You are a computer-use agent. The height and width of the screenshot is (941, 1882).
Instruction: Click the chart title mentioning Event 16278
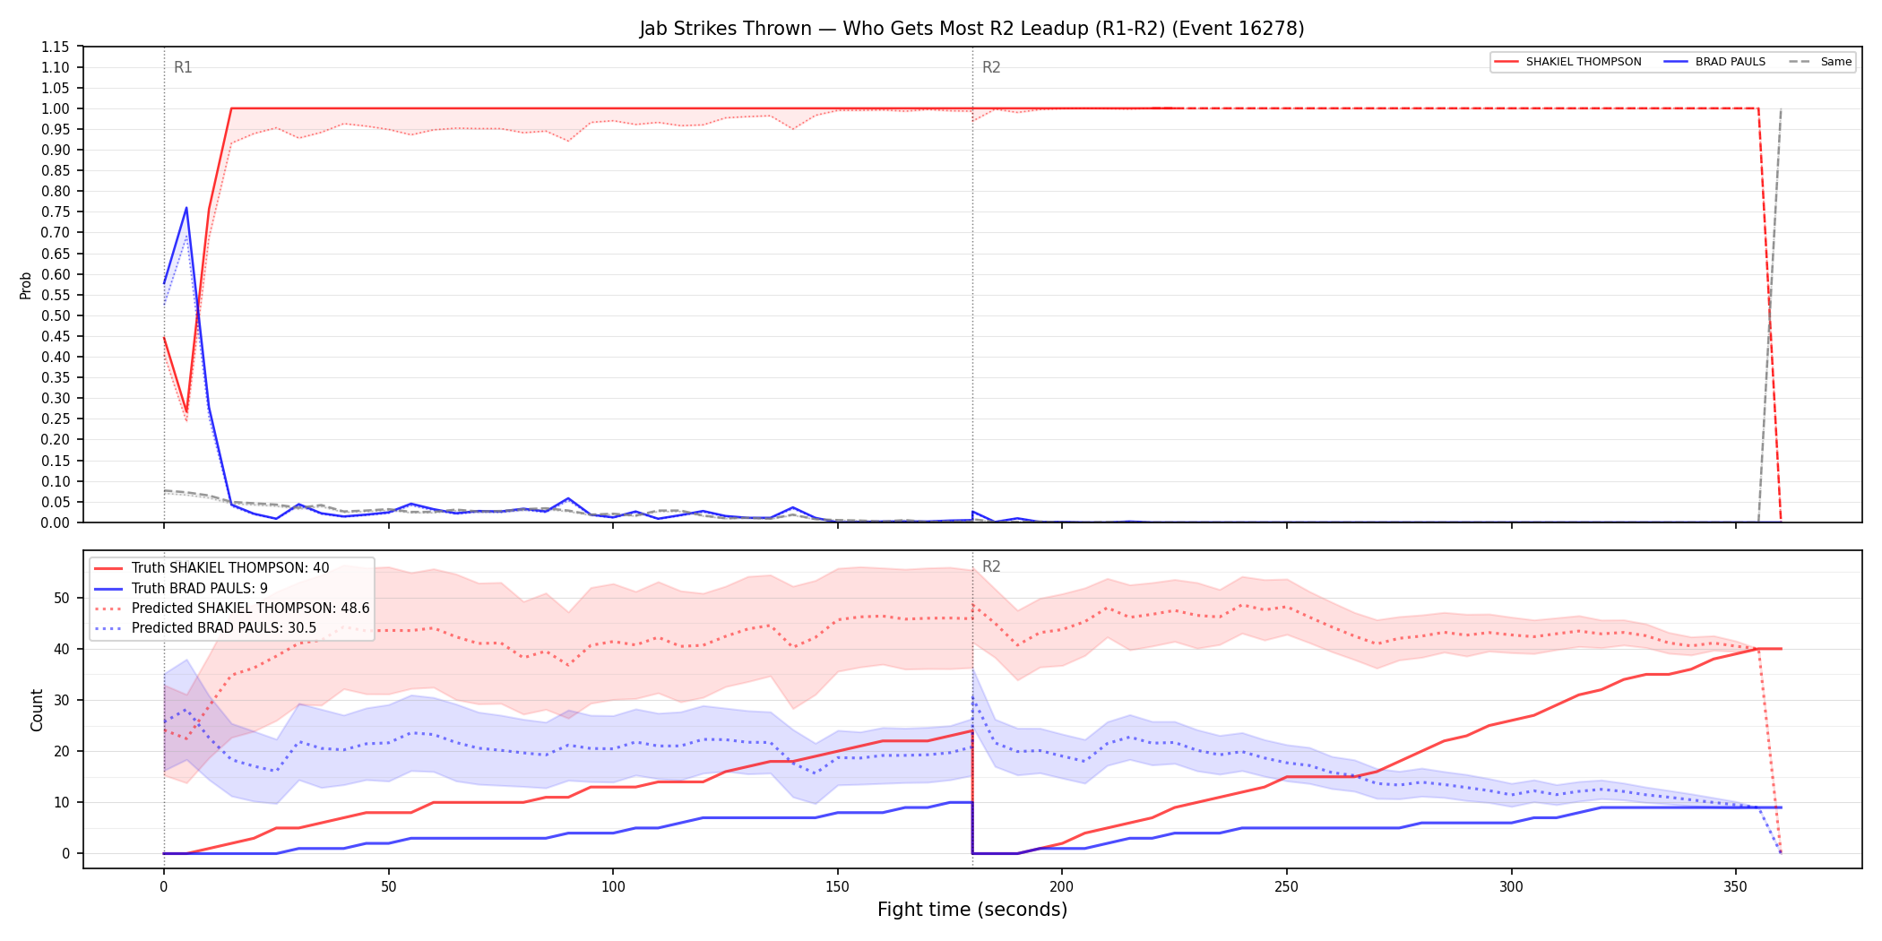tap(971, 29)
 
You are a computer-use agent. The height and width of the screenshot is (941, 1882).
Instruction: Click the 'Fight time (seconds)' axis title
tap(972, 910)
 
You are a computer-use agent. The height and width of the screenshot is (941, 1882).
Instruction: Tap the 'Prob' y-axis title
tap(26, 285)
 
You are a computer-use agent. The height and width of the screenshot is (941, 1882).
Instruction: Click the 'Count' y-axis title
tap(37, 710)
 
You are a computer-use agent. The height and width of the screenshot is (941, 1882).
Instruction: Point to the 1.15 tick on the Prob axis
tap(56, 47)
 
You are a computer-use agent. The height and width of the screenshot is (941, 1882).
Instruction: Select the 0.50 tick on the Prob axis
tap(56, 315)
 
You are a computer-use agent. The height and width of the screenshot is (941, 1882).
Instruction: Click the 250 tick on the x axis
tap(1286, 886)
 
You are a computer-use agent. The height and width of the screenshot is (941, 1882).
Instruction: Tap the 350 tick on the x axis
tap(1735, 886)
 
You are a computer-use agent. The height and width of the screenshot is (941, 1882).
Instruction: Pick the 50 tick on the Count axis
tap(61, 598)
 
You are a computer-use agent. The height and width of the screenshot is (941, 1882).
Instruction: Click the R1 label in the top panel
tap(183, 67)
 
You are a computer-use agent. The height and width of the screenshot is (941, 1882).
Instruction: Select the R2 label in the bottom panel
tap(991, 566)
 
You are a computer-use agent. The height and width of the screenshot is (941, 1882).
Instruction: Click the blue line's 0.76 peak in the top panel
tap(186, 208)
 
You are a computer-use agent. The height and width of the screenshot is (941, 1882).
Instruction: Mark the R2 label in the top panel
tap(991, 67)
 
